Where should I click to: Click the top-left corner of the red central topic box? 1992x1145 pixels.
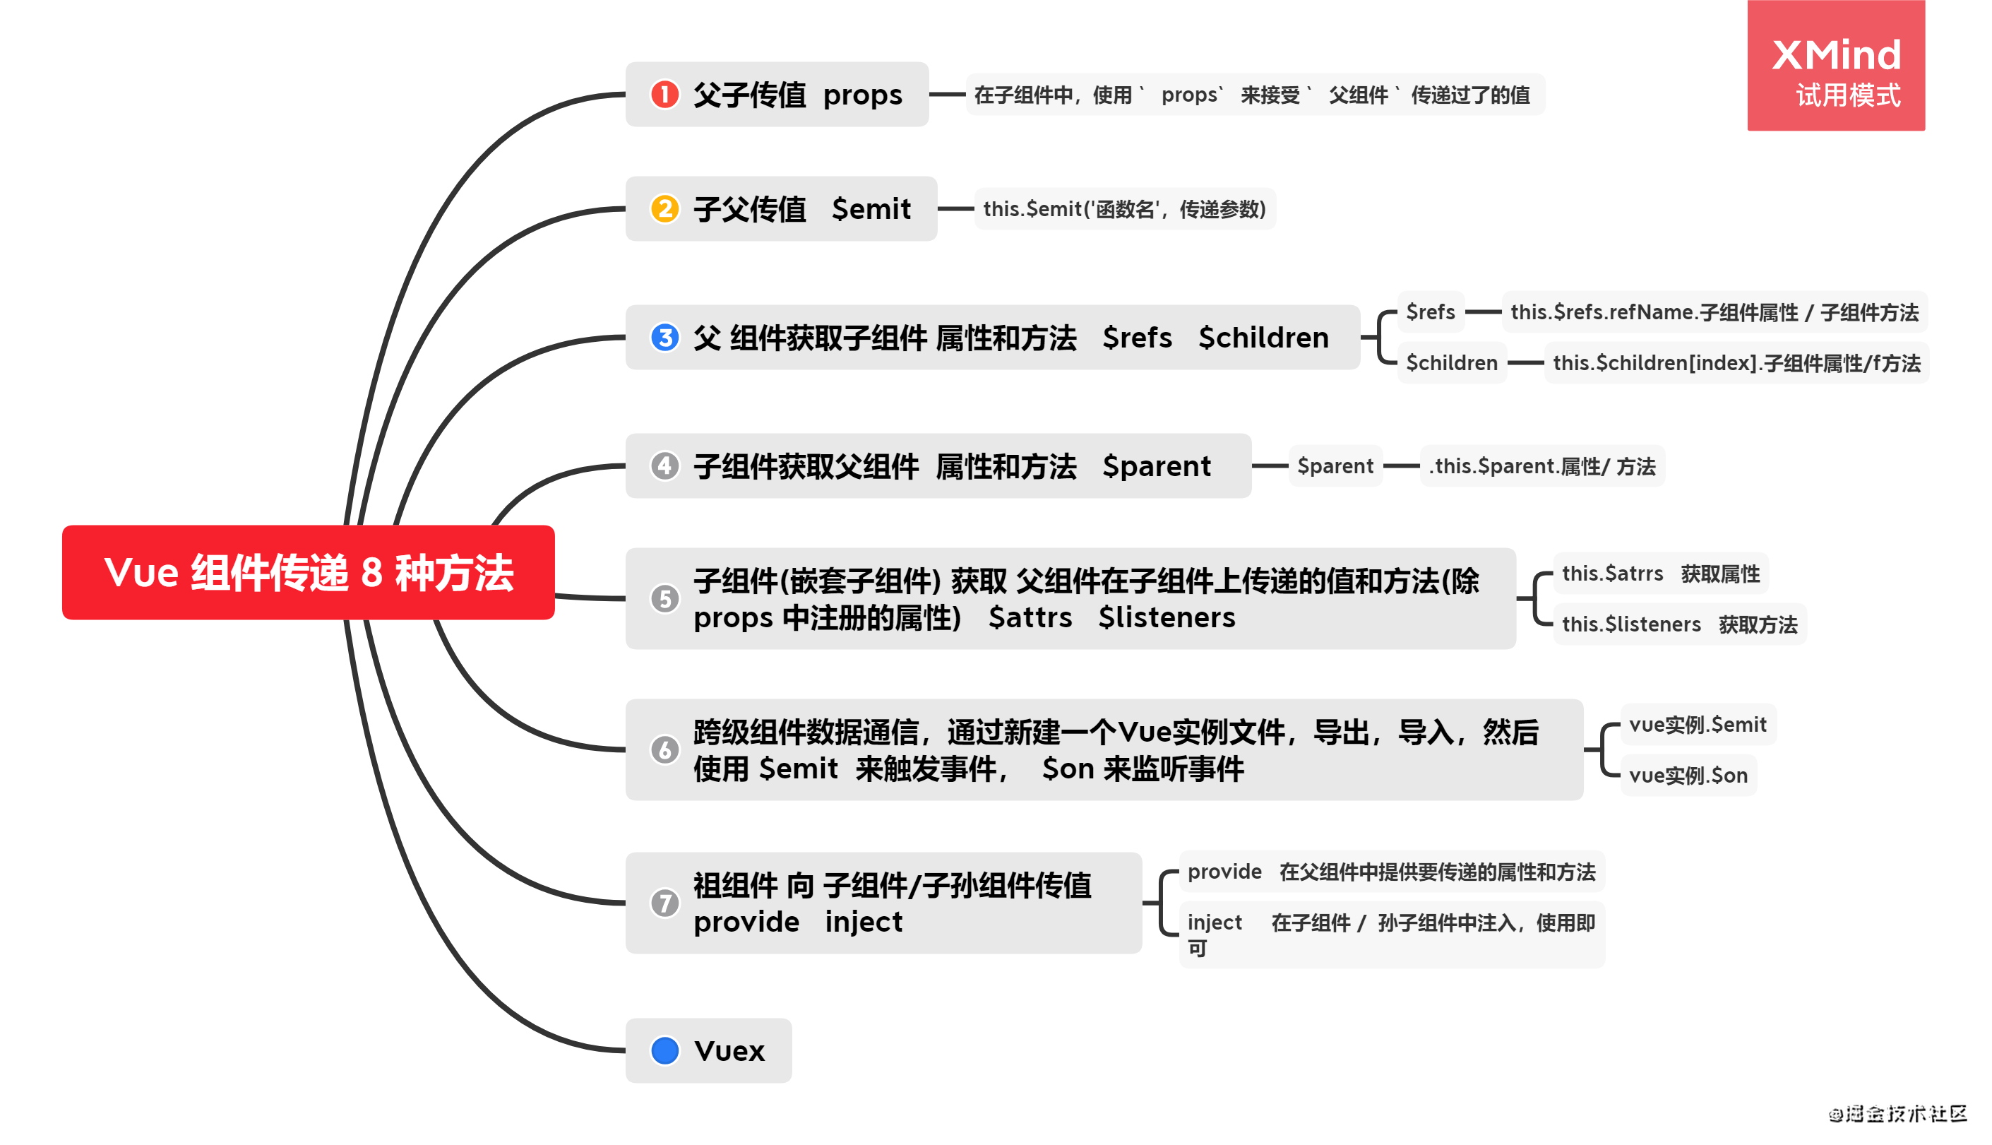63,526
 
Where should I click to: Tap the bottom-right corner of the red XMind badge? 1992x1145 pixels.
1924,131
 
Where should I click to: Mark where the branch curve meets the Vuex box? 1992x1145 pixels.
626,1050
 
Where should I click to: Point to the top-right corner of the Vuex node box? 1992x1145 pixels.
792,1019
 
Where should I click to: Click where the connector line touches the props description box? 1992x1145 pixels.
966,95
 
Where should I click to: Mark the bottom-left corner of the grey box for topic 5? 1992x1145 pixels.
626,648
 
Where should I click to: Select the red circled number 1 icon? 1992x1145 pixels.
665,95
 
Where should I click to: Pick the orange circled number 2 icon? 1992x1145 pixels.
665,208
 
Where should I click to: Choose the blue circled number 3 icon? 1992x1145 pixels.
665,338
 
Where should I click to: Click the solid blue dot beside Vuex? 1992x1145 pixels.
665,1050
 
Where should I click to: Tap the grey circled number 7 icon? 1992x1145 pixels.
665,903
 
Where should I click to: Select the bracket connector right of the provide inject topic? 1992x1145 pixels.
1161,903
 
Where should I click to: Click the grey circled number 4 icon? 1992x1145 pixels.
665,465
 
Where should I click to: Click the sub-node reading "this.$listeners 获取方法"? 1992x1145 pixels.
1679,624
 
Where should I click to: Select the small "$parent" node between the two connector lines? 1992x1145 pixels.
1335,465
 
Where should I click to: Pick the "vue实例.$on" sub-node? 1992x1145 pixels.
1688,776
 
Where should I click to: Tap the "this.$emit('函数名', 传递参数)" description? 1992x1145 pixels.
1124,208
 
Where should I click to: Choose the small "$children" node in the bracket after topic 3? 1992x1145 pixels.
1451,362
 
